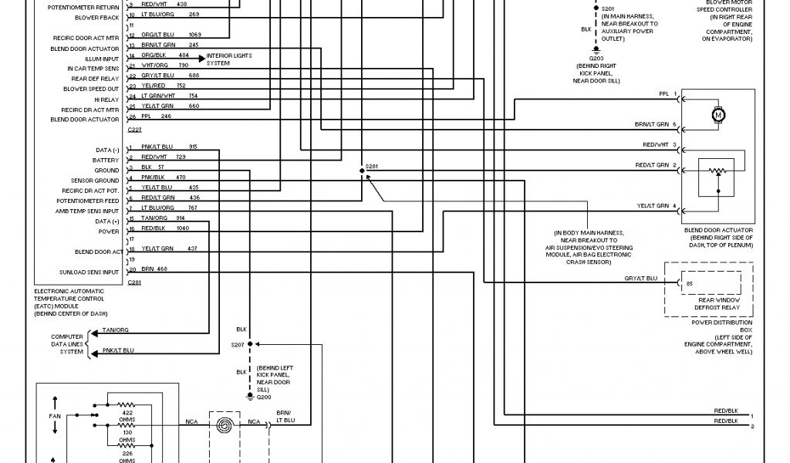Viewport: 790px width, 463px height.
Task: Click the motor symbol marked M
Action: tap(718, 115)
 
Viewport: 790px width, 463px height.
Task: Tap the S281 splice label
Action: tap(373, 167)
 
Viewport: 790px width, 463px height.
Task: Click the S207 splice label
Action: tap(237, 344)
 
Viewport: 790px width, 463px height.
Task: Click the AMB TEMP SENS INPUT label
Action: tap(87, 211)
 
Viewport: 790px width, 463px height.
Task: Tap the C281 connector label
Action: tap(134, 282)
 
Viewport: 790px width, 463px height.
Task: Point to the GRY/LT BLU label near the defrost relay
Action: tap(640, 277)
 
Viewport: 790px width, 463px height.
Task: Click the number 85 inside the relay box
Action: tap(689, 284)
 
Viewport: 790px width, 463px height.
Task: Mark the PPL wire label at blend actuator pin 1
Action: tap(663, 94)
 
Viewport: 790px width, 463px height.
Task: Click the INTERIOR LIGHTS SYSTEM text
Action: tap(229, 59)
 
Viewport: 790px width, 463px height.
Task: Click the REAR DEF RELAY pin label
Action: tap(96, 79)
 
